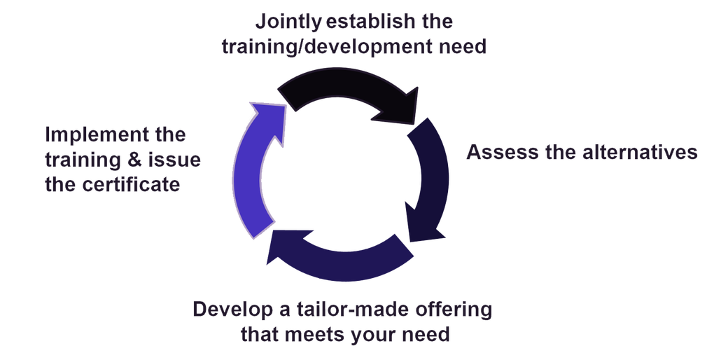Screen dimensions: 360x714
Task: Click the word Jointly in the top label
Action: tap(288, 21)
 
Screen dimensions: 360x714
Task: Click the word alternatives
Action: tap(640, 153)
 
